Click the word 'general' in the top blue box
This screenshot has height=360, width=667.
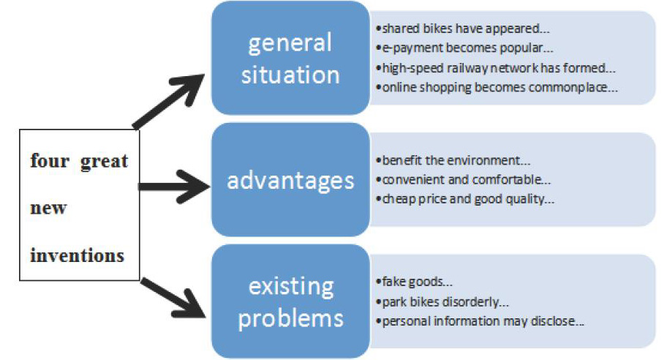[290, 43]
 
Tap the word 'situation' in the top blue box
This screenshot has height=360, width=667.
[290, 75]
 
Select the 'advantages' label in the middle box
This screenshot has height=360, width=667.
[290, 181]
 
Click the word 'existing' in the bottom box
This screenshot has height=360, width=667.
[291, 286]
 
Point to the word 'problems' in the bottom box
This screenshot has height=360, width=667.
[290, 318]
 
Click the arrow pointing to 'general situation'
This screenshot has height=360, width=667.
[169, 101]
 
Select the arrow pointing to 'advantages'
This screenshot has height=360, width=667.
[174, 187]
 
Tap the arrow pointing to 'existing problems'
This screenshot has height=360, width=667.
[173, 298]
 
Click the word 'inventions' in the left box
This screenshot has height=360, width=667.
[77, 255]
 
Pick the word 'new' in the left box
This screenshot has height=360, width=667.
[48, 208]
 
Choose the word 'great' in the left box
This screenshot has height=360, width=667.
[104, 161]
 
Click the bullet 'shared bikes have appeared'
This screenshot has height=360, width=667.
[463, 29]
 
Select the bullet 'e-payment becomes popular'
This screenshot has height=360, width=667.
[464, 48]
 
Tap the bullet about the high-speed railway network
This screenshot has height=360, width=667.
[496, 68]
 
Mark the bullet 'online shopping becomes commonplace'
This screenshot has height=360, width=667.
[497, 88]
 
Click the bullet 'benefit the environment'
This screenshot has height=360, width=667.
[453, 160]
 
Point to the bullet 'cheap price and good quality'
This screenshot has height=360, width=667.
[465, 199]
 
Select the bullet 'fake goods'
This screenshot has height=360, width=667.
[414, 282]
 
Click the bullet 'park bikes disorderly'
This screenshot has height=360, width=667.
[442, 301]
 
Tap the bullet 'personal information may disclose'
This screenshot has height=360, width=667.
[480, 320]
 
